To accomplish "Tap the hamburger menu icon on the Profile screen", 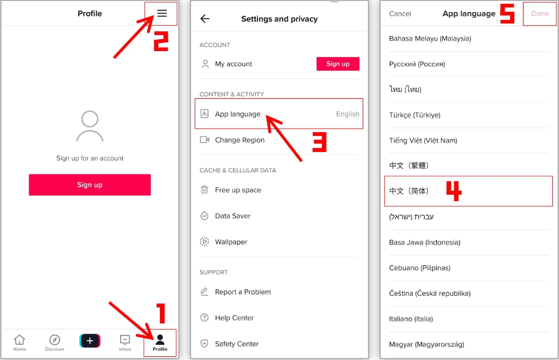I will click(x=162, y=14).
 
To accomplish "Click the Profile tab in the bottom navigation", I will click(x=160, y=343).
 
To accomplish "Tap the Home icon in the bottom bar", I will click(x=19, y=342).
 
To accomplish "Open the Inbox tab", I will click(x=125, y=342).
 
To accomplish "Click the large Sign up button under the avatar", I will click(x=90, y=185).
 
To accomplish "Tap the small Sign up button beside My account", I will click(x=337, y=64).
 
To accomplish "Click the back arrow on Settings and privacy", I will click(x=205, y=19).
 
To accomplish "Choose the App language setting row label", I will click(x=238, y=114).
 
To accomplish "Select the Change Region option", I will click(x=239, y=140).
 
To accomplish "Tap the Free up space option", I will click(x=238, y=190).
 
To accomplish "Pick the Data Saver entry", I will click(x=232, y=216).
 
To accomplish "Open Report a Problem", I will click(x=242, y=292).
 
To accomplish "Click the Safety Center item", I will click(x=237, y=344).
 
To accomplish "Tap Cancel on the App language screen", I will click(x=400, y=14).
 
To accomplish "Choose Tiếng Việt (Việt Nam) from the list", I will click(x=423, y=141).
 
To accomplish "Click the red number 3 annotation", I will click(x=319, y=142).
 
